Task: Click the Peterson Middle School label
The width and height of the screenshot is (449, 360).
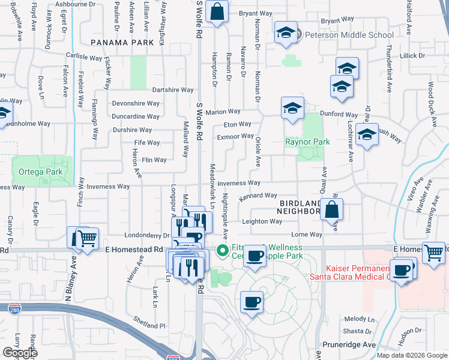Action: click(349, 35)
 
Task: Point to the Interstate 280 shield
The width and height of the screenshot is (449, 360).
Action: click(15, 309)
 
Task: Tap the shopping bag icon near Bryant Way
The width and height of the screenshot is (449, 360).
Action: click(217, 11)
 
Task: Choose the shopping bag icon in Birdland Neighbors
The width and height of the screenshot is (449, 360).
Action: click(331, 210)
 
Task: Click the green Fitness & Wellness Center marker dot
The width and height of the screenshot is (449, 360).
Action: click(222, 250)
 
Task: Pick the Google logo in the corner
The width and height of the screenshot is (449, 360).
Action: click(20, 353)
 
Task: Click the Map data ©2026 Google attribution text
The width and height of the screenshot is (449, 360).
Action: click(412, 355)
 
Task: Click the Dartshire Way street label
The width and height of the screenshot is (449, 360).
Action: click(173, 90)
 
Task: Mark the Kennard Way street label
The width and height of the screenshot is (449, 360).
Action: click(258, 196)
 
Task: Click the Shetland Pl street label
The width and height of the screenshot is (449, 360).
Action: click(149, 325)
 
